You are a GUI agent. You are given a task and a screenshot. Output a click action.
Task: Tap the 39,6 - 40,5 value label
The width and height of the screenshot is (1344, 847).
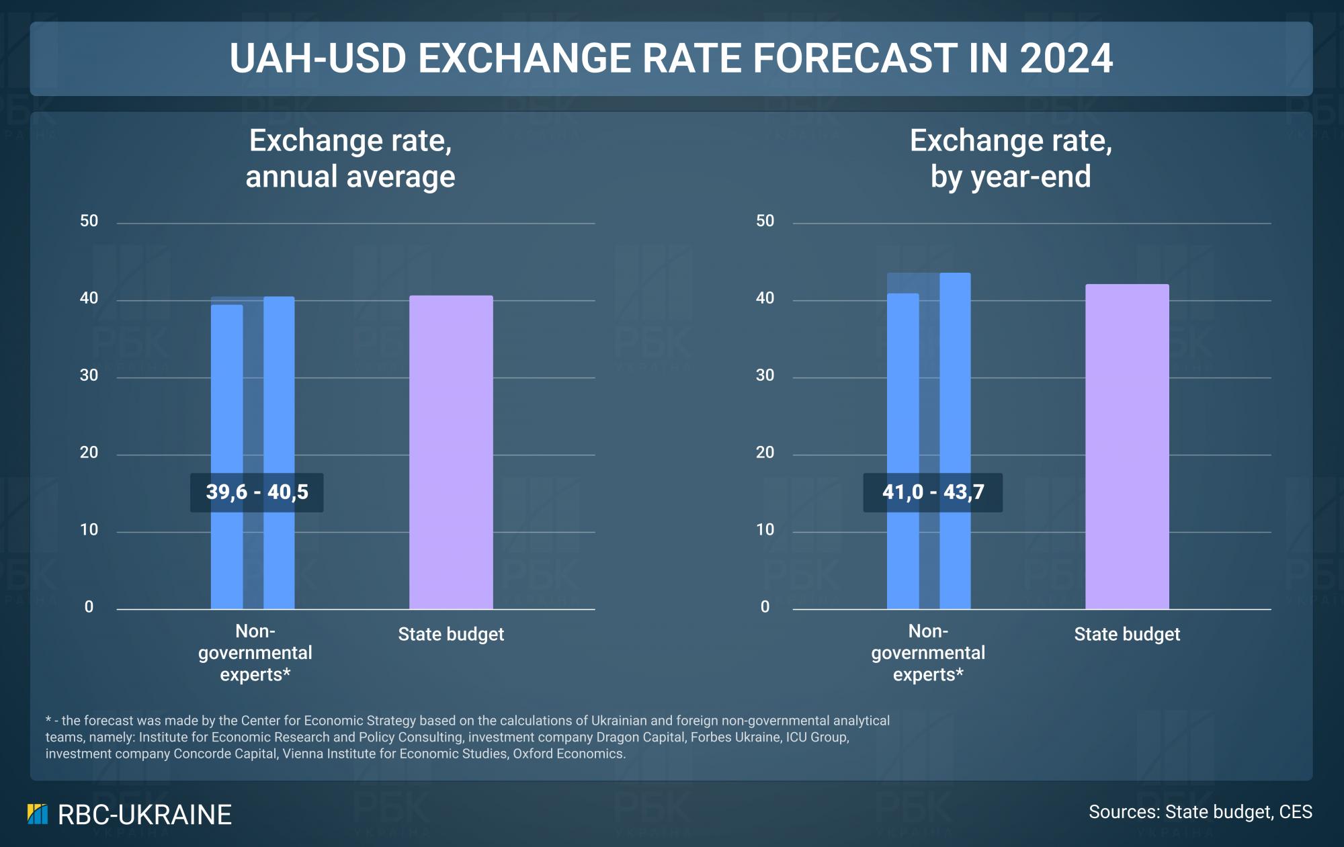click(257, 492)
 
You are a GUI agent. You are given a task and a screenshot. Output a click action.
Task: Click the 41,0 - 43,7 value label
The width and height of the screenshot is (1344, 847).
click(933, 492)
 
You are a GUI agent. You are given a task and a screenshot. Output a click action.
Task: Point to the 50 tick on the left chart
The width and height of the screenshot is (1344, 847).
click(89, 221)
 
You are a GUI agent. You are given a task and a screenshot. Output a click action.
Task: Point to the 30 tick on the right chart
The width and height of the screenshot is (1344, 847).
click(765, 375)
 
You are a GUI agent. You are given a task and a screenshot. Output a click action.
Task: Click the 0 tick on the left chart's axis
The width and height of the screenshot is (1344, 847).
click(89, 607)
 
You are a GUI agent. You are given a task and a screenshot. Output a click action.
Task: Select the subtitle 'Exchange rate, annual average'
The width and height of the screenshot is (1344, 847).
click(350, 159)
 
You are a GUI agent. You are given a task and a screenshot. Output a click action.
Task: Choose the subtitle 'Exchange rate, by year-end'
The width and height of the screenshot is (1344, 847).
click(1010, 159)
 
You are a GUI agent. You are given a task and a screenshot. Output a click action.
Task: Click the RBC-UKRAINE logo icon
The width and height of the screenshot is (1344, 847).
click(38, 814)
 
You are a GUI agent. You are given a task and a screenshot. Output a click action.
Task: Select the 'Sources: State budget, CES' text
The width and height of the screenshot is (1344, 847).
click(1200, 812)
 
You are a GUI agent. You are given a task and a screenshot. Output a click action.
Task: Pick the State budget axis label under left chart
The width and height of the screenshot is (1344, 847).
click(450, 634)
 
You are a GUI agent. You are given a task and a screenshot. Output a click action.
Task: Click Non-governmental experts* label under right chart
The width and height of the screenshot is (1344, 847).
click(927, 653)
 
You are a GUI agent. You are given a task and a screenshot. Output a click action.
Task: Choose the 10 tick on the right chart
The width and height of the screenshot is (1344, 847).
click(765, 530)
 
